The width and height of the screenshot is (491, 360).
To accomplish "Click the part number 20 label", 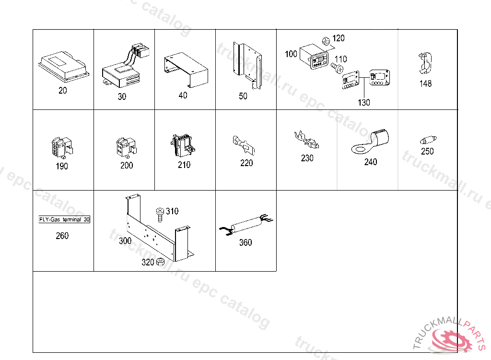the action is (63, 91).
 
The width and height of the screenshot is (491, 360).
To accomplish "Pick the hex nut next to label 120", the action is (324, 41).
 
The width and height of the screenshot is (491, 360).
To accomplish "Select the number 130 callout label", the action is (364, 102).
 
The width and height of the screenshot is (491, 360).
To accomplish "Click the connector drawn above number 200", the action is (126, 147).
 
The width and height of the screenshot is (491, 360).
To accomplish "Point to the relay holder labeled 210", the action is (183, 144).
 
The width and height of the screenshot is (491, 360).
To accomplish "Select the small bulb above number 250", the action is (426, 141).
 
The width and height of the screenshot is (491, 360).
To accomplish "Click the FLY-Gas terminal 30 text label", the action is (64, 220).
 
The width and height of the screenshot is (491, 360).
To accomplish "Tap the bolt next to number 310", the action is (160, 214).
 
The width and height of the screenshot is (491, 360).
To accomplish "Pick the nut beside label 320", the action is (161, 262).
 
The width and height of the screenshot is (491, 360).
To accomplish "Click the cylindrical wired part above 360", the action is (246, 226).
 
